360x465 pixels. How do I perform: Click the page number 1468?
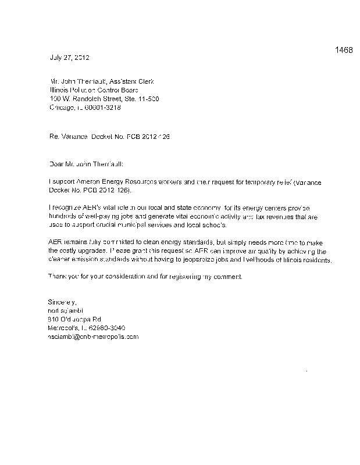pyautogui.click(x=344, y=50)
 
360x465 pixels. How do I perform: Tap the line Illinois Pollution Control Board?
pyautogui.click(x=95, y=90)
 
